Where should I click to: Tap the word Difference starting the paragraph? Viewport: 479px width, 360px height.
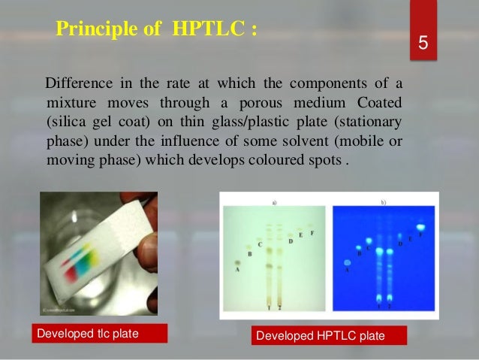pos(76,81)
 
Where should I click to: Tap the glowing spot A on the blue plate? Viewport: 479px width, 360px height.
pos(348,262)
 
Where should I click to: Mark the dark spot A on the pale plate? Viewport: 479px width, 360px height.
pos(236,263)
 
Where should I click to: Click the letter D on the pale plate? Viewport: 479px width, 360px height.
pos(291,241)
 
